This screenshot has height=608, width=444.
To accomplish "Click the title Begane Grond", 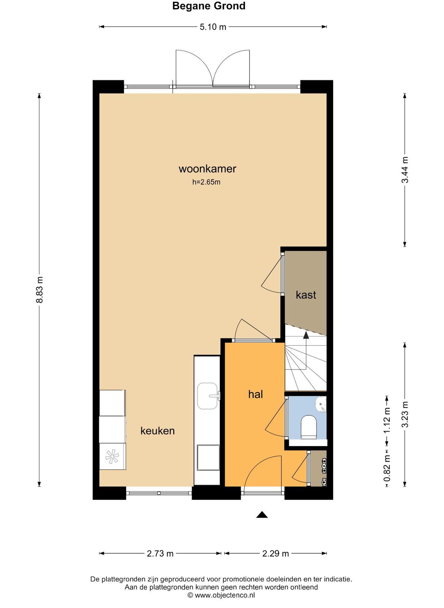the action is click(209, 6).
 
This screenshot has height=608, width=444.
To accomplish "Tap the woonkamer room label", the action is click(208, 169).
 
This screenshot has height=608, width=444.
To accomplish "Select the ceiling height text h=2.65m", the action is click(206, 182).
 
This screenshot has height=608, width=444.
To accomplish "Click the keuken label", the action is click(158, 430).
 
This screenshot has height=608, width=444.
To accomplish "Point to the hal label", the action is click(256, 394).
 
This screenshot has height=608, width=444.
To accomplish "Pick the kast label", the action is click(306, 295).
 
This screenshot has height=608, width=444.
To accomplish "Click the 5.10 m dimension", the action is click(213, 27).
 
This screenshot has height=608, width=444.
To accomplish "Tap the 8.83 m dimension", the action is click(39, 290).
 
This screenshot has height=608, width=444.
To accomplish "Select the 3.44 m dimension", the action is click(405, 170).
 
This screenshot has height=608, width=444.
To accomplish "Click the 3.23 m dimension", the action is click(405, 414).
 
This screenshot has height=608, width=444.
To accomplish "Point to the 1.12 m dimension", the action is click(387, 420).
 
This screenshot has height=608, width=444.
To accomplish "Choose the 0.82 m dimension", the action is click(387, 468).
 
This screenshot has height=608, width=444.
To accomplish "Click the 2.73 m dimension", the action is click(160, 553).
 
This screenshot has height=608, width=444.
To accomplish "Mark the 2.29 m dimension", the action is click(276, 553).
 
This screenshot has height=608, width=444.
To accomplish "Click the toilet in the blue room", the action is click(309, 427).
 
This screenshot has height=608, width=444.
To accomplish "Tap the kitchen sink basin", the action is click(208, 396).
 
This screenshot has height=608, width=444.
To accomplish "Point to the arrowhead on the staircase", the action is click(306, 335).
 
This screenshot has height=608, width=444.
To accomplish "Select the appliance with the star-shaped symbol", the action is click(112, 456).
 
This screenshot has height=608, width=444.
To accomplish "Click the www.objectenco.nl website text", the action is click(225, 595).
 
